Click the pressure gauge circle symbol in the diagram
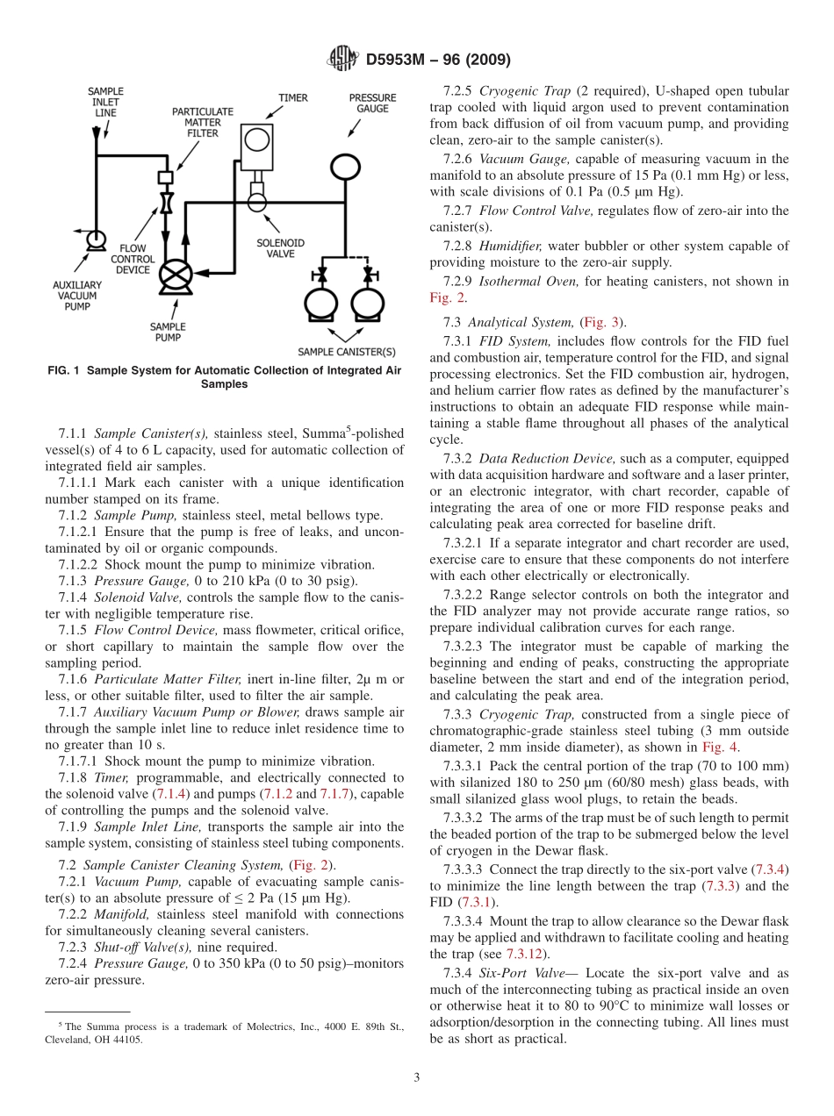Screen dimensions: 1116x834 tap(343, 165)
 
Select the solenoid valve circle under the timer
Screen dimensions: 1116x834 tap(256, 201)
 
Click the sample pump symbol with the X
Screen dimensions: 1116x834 tap(176, 275)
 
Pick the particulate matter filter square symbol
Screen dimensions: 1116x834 tap(163, 177)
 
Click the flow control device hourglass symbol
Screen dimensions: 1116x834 tap(163, 206)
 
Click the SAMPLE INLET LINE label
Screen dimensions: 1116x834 tap(106, 102)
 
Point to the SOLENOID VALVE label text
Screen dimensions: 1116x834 tap(281, 248)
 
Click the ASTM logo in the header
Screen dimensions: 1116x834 tap(341, 60)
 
